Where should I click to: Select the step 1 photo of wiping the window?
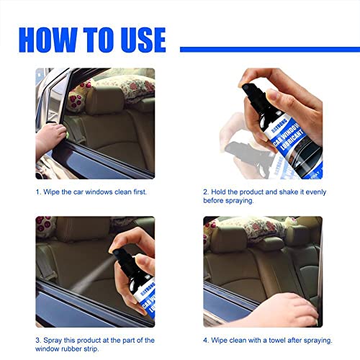click(x=94, y=123)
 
